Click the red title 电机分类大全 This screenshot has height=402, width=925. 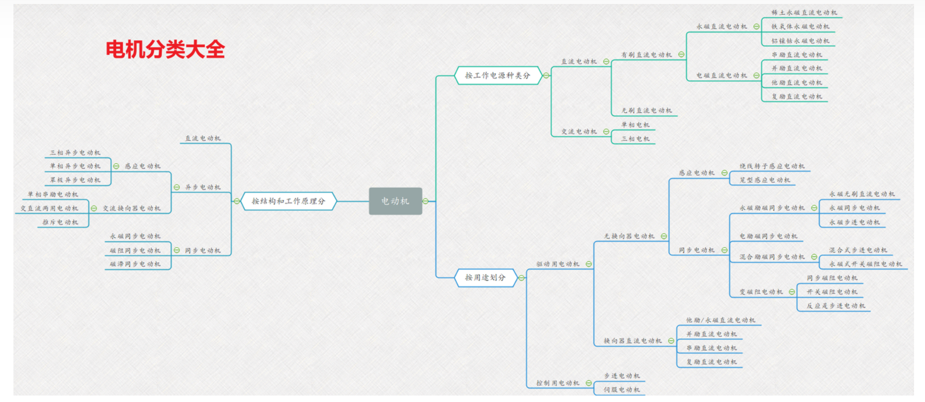[165, 49]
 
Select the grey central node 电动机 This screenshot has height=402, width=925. [395, 201]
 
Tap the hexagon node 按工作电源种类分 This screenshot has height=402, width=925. [497, 76]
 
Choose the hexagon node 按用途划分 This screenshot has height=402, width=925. [485, 278]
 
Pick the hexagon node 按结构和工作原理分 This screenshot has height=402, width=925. [288, 201]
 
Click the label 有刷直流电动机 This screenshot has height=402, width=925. [647, 55]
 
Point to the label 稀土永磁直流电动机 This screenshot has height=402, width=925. [804, 12]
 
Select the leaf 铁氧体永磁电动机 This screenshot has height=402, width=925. [800, 26]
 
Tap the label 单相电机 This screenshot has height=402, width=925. [635, 125]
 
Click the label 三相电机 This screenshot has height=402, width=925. [635, 139]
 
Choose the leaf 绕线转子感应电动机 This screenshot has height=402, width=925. [772, 166]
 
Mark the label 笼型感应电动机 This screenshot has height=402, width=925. [764, 180]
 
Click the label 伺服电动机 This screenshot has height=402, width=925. [622, 390]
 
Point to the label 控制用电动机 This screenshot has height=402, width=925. [557, 383]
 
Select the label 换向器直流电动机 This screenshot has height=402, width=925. [633, 341]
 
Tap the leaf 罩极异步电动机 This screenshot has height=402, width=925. [75, 180]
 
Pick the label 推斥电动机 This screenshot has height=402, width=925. [60, 222]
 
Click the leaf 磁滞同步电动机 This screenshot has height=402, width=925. [135, 264]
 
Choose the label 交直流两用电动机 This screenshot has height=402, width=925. [49, 208]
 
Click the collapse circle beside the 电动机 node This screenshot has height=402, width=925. [425, 201]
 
